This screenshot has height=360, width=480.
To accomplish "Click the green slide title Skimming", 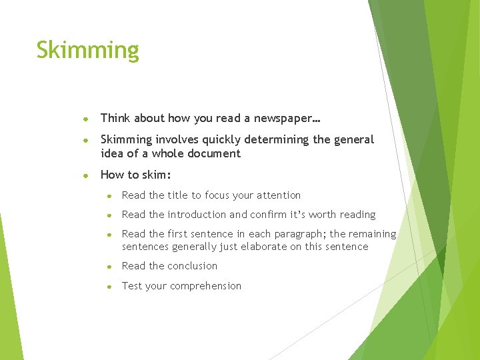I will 87,51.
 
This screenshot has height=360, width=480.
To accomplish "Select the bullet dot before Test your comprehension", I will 109,286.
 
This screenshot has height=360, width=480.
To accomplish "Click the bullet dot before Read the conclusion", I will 109,266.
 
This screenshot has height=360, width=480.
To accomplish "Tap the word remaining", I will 372,234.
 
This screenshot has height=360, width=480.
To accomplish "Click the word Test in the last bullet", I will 132,286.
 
